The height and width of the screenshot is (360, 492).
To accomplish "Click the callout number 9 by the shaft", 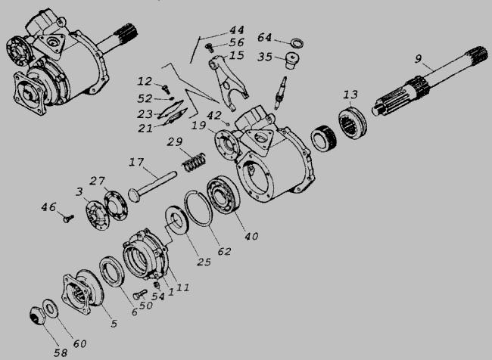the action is pyautogui.click(x=419, y=59).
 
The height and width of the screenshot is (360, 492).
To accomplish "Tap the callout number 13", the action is pyautogui.click(x=350, y=95).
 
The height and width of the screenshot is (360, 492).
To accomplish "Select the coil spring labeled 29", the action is pyautogui.click(x=195, y=163).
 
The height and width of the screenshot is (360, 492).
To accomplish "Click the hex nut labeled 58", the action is pyautogui.click(x=37, y=316).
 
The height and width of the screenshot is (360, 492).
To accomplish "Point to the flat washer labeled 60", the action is pyautogui.click(x=49, y=309).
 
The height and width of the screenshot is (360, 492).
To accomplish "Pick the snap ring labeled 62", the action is pyautogui.click(x=198, y=208).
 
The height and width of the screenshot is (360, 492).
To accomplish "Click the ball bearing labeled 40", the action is pyautogui.click(x=223, y=196).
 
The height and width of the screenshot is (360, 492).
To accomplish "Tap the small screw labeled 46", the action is pyautogui.click(x=68, y=219).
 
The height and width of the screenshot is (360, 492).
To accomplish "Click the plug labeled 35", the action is pyautogui.click(x=291, y=61).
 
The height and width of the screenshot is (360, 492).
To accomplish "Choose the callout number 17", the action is pyautogui.click(x=136, y=163).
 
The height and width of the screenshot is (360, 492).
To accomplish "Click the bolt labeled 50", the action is pyautogui.click(x=140, y=294).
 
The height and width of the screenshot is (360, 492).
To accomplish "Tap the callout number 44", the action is pyautogui.click(x=237, y=30).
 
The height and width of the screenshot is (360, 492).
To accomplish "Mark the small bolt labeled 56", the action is pyautogui.click(x=210, y=48).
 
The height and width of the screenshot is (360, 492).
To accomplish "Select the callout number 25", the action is pyautogui.click(x=204, y=262).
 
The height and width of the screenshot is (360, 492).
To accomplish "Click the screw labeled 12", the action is pyautogui.click(x=166, y=88).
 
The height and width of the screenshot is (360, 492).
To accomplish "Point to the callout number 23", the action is pyautogui.click(x=145, y=114).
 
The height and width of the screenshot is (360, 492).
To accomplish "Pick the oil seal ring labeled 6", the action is pyautogui.click(x=112, y=272).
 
